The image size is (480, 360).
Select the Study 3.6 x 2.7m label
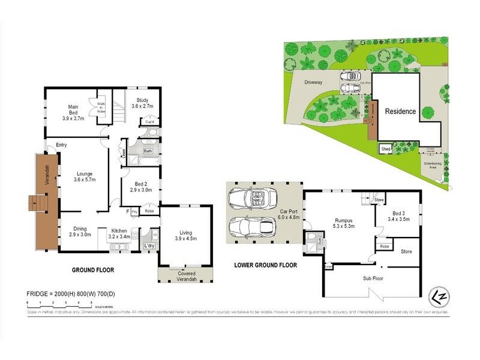coord(143,103)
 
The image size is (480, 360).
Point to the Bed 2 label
coord(141,187)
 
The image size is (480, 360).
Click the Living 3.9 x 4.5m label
coord(185,235)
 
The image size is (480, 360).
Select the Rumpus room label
coord(344,224)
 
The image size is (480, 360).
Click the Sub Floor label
coord(373,278)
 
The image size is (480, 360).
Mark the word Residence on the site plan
coord(400,111)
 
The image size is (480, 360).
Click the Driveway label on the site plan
coord(313,82)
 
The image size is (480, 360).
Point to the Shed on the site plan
coord(383,149)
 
